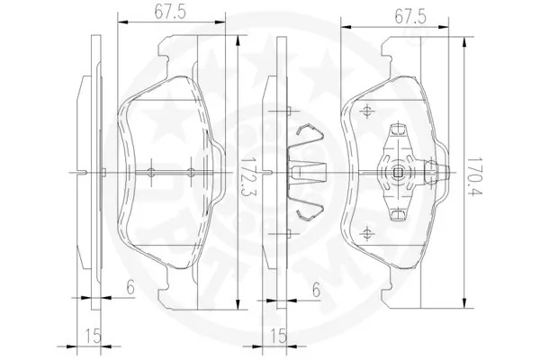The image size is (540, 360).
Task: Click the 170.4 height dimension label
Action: [x=475, y=177]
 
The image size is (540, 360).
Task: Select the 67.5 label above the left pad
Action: [x=170, y=13]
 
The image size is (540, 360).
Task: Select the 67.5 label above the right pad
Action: [x=410, y=17]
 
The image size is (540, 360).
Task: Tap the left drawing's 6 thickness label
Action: [x=130, y=287]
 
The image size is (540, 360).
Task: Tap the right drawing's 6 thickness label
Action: [x=316, y=290]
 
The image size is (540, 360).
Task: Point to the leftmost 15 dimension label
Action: [x=93, y=336]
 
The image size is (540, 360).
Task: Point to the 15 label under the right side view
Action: [x=279, y=336]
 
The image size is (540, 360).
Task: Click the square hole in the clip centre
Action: [x=398, y=172]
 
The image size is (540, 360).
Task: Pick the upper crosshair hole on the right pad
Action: [x=367, y=111]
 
